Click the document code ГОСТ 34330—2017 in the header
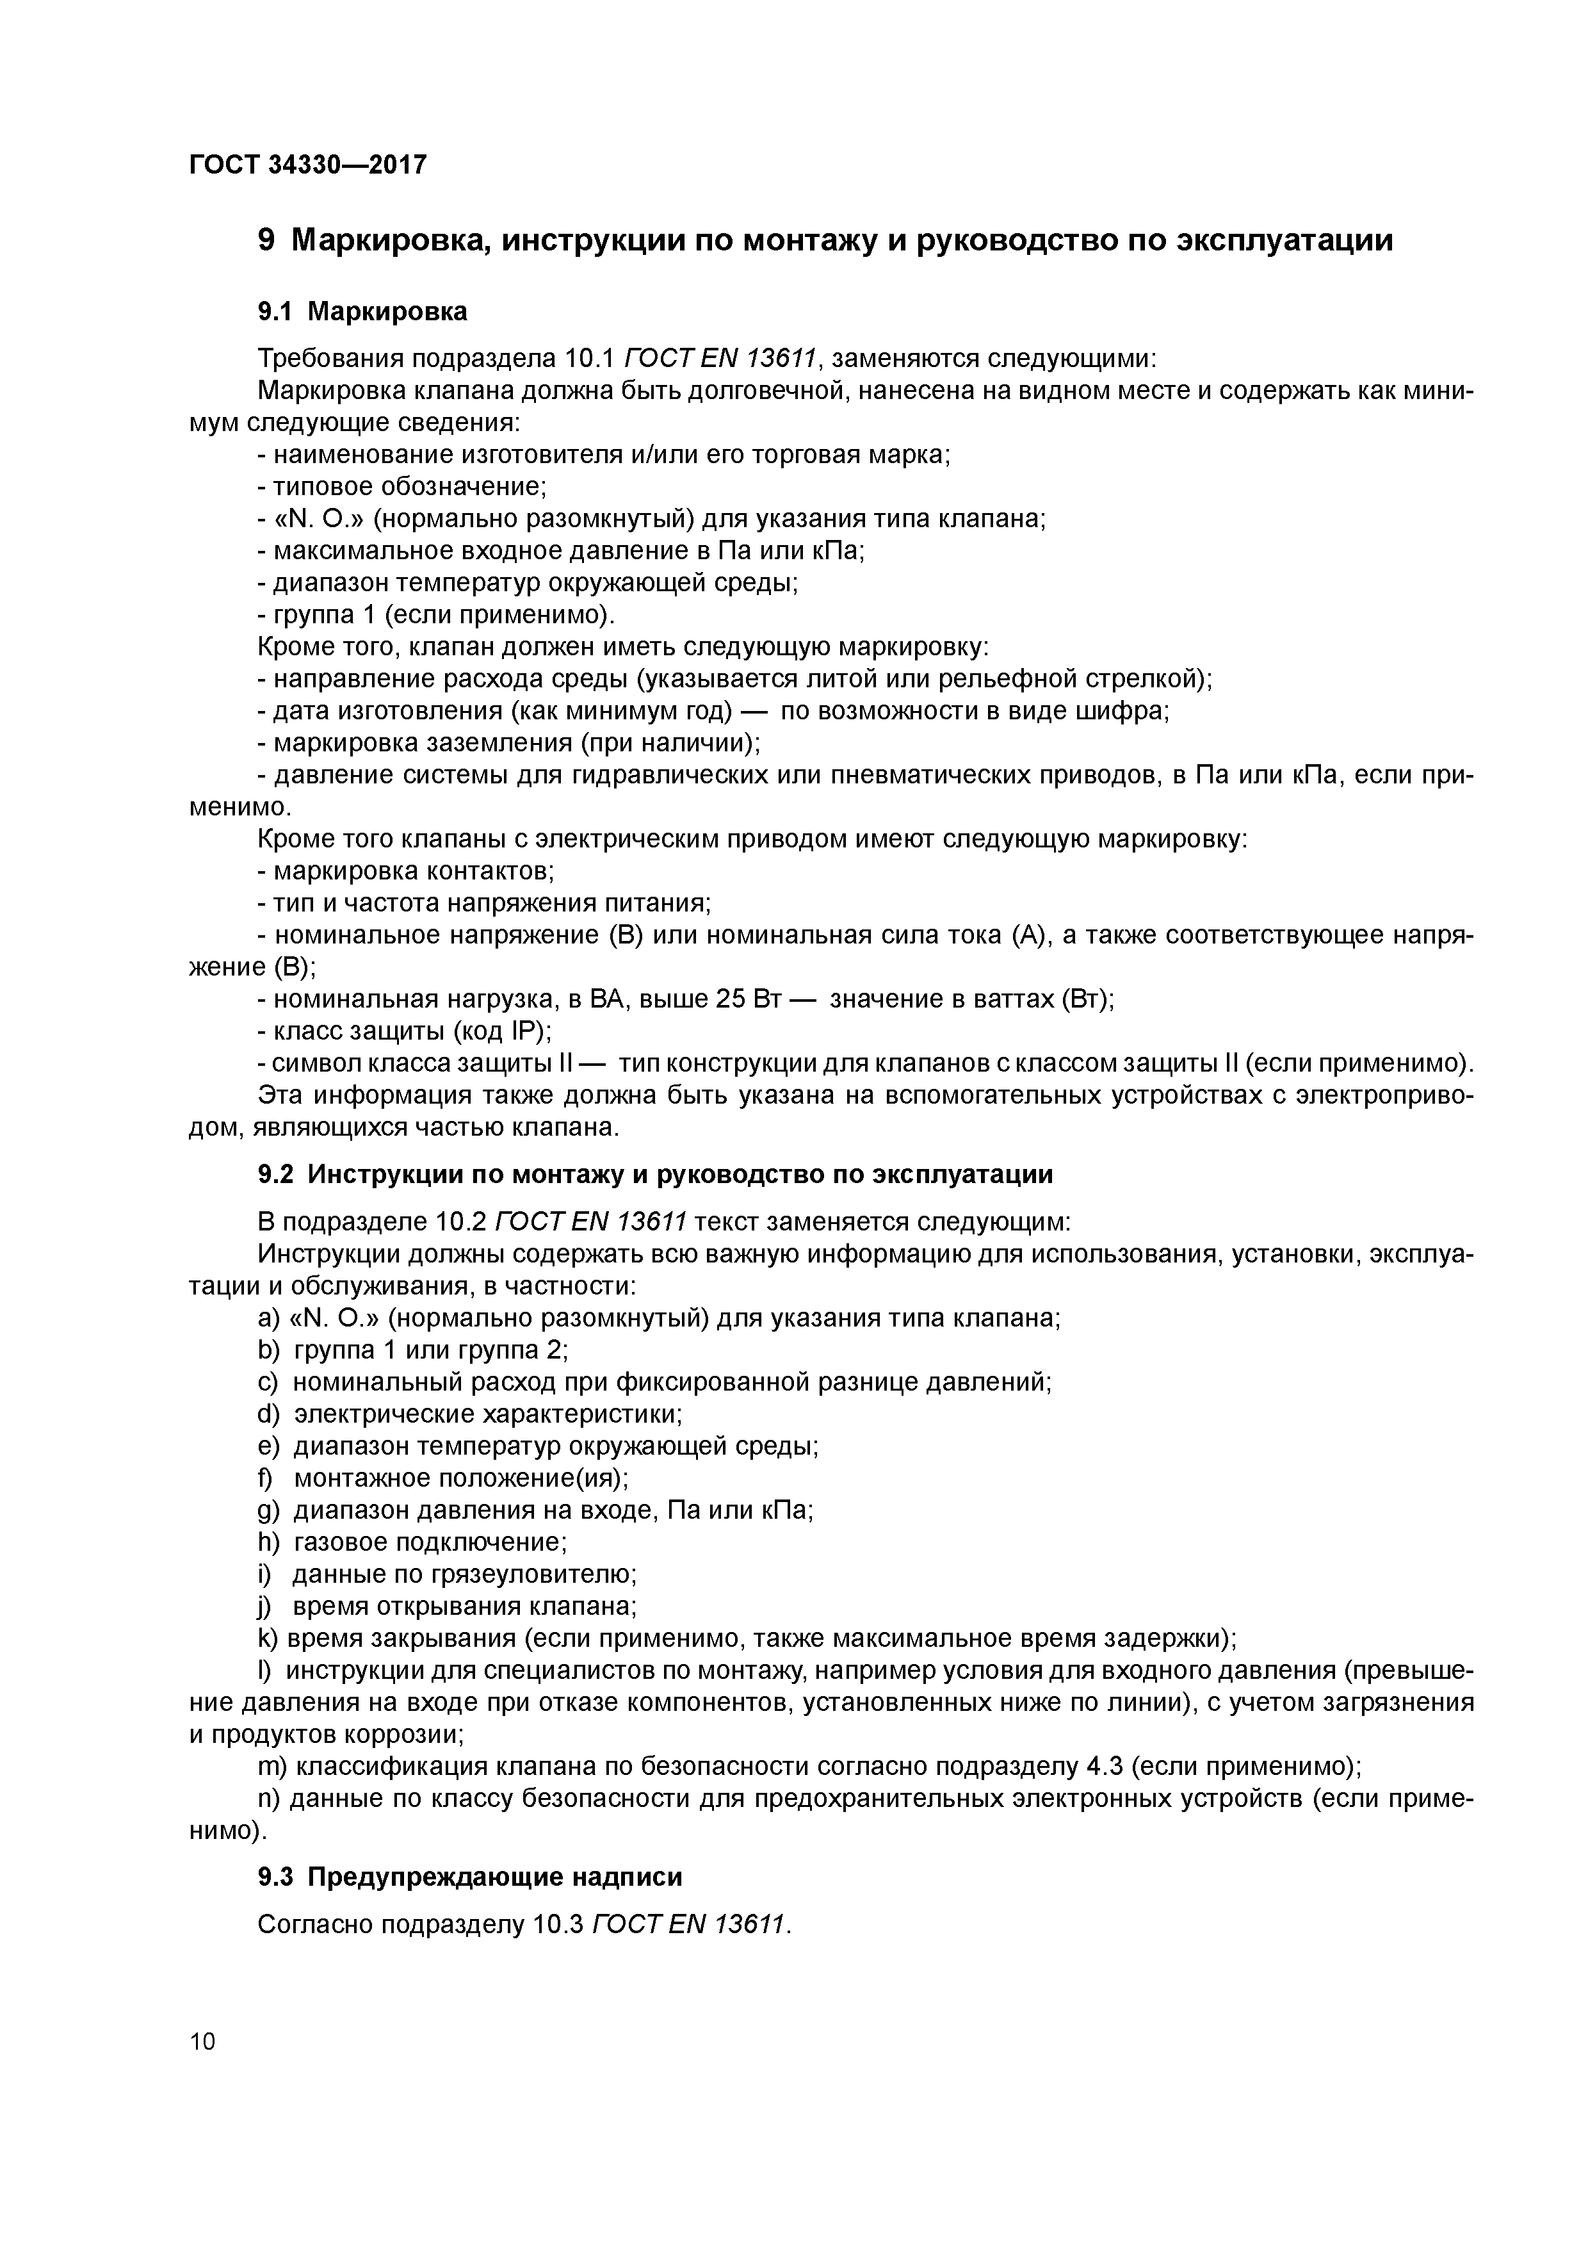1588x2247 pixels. [x=307, y=165]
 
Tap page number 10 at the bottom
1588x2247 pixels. [x=202, y=2041]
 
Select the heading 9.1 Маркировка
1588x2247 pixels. [x=362, y=311]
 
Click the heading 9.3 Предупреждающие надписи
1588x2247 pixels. [x=469, y=1876]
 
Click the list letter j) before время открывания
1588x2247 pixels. [x=264, y=1606]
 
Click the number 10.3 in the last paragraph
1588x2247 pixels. [x=560, y=1924]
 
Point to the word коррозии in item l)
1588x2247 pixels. [x=401, y=1734]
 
